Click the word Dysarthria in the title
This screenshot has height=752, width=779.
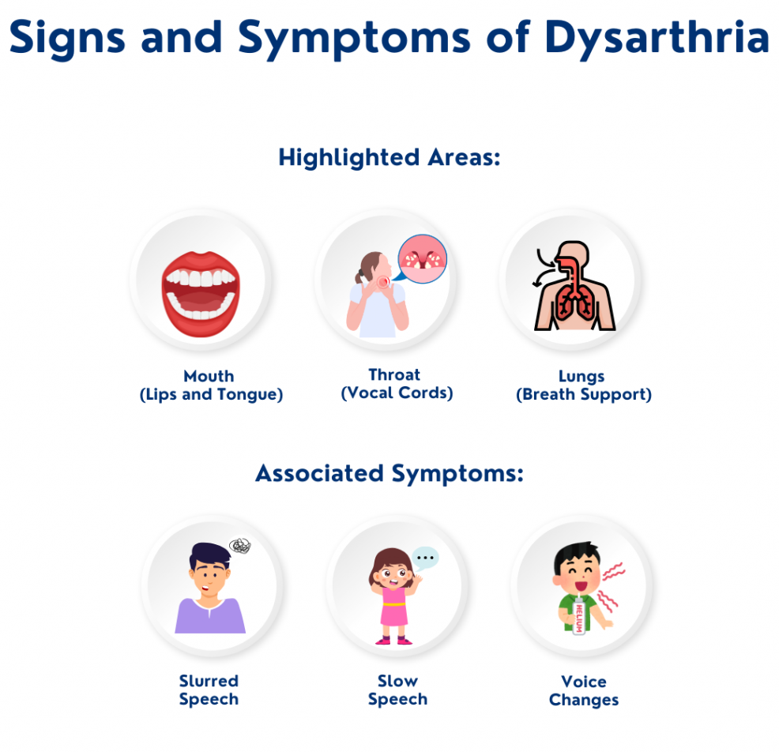(x=657, y=39)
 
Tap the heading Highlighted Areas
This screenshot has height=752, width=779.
(x=389, y=158)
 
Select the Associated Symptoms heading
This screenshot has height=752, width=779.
(x=389, y=473)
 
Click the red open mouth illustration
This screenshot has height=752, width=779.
(x=201, y=294)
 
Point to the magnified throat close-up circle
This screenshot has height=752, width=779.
(x=423, y=259)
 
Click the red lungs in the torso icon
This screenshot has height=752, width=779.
(x=574, y=302)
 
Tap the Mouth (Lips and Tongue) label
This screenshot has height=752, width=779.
(x=211, y=385)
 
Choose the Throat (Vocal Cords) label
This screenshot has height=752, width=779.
(x=397, y=384)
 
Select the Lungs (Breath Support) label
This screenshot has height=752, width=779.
(x=584, y=385)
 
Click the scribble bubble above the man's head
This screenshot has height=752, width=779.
(x=240, y=546)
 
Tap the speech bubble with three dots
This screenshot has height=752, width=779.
(x=425, y=558)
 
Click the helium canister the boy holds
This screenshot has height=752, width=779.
(x=579, y=615)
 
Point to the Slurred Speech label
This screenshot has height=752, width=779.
(x=209, y=690)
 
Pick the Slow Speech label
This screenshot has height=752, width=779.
(x=397, y=690)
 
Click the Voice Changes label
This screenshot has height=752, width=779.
(x=584, y=691)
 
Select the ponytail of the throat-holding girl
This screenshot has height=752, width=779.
(x=359, y=277)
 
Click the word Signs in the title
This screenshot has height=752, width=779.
(x=67, y=39)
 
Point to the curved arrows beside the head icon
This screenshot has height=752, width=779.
(x=545, y=269)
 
